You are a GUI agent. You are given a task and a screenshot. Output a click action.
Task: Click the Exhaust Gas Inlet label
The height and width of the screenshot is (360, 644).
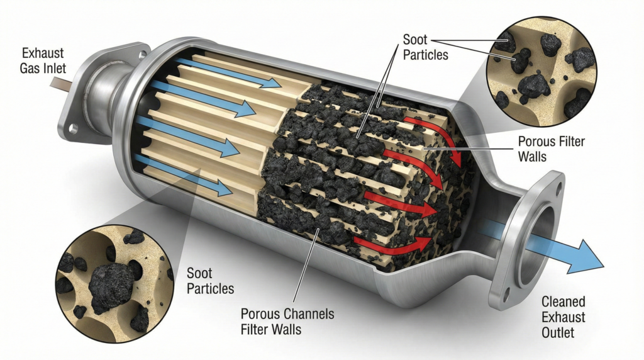pos(42,60)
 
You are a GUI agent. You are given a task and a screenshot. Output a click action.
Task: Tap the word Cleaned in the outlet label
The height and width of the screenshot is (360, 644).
pos(563,302)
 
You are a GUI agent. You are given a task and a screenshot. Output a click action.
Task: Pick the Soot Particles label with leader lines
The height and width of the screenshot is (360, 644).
pos(426,47)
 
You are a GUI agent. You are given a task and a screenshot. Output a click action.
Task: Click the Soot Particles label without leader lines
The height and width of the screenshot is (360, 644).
pos(210,281)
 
